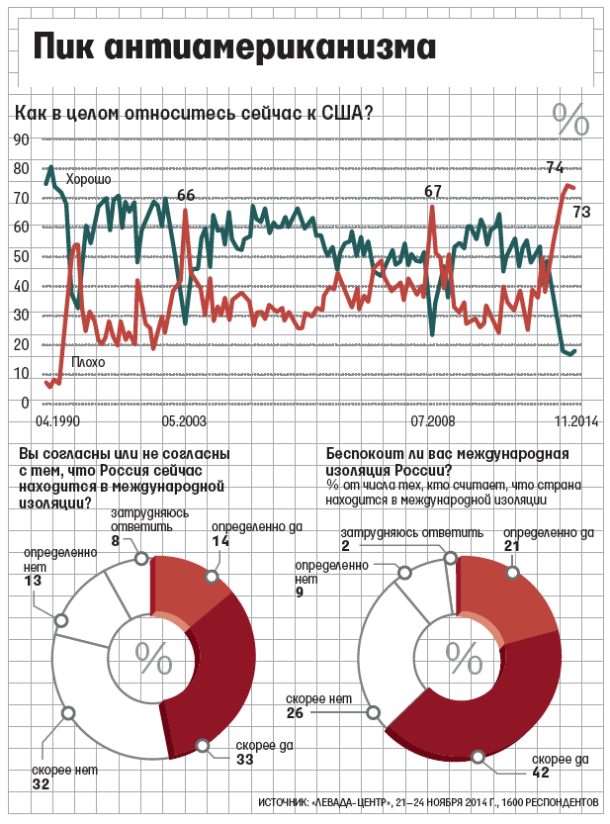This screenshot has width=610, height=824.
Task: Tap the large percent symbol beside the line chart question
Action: click(x=570, y=119)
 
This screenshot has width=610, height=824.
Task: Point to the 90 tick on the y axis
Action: click(x=21, y=139)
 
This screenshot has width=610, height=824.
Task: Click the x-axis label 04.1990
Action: click(x=57, y=421)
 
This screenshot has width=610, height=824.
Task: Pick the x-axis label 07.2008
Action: click(x=433, y=421)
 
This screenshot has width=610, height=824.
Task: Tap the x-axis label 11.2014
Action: click(x=576, y=421)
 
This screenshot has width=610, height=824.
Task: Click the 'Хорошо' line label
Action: click(x=87, y=180)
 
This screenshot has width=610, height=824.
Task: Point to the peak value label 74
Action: click(x=555, y=166)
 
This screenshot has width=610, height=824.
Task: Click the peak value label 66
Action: click(x=186, y=195)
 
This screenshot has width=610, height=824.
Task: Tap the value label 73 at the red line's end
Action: click(x=582, y=212)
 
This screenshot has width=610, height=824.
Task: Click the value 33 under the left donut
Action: click(x=245, y=760)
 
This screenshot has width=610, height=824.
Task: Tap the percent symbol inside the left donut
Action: click(x=153, y=657)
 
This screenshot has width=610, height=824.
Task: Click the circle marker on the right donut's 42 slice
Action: click(x=479, y=757)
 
